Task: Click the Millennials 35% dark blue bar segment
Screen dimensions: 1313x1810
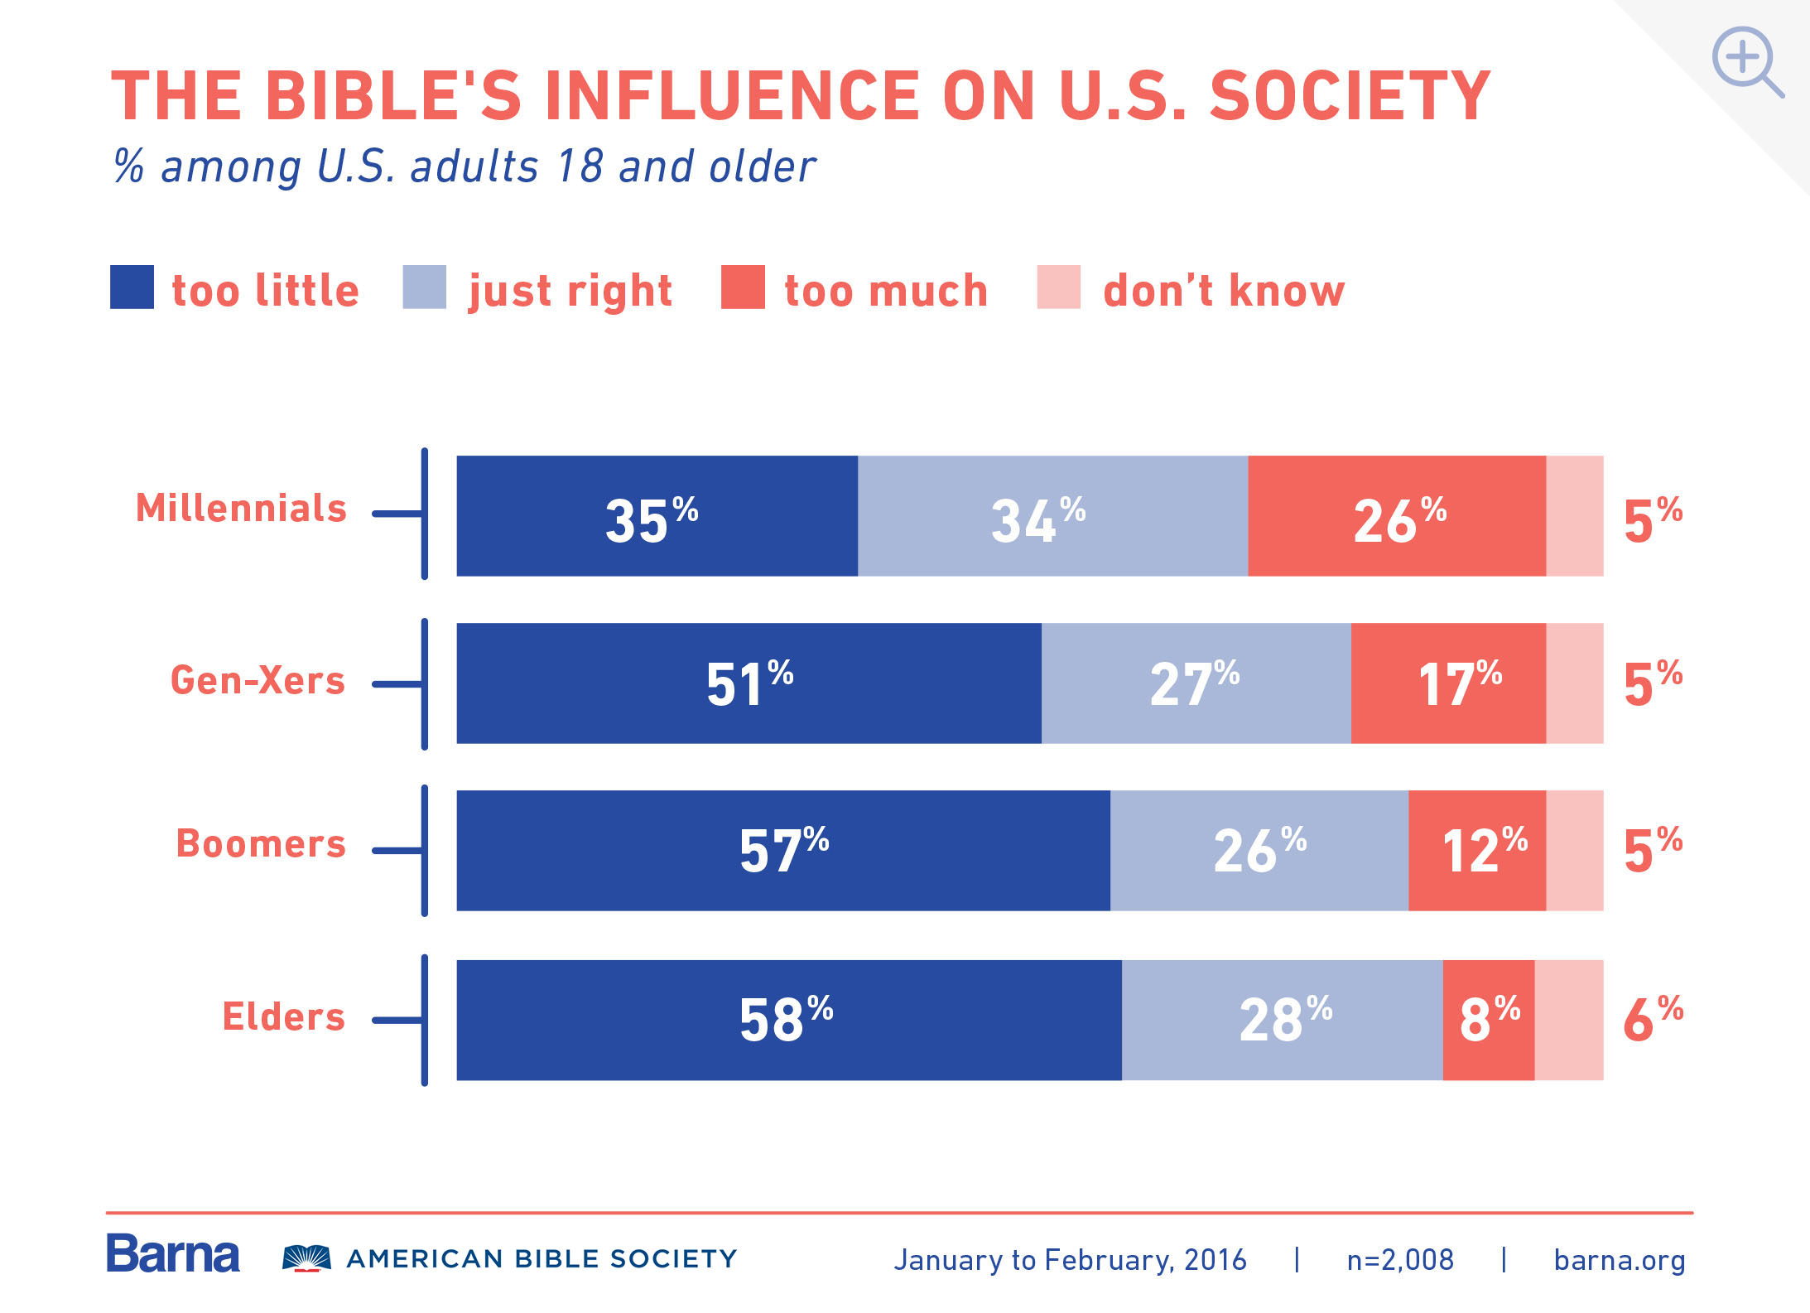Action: tap(657, 516)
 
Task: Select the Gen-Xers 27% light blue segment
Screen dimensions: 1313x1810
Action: tap(1196, 683)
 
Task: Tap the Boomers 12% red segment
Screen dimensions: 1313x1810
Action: tap(1477, 851)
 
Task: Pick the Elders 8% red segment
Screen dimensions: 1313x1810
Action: tap(1488, 1020)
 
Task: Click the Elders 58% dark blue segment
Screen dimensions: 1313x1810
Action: tap(788, 1020)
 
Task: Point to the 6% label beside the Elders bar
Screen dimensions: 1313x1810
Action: tap(1653, 1019)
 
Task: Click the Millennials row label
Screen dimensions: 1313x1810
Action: tap(241, 508)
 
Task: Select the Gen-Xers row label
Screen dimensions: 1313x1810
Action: tap(258, 680)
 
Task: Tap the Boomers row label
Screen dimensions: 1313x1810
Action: tap(261, 844)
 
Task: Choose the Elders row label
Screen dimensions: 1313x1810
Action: tap(283, 1016)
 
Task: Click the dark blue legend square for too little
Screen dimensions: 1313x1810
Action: tap(132, 287)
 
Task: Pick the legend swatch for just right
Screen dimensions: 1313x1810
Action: tap(424, 287)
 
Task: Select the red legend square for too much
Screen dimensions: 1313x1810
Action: tap(743, 287)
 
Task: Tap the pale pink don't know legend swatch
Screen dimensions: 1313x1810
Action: tap(1058, 287)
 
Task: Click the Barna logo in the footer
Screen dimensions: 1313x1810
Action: tap(172, 1254)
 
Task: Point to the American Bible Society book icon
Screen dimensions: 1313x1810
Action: tap(306, 1257)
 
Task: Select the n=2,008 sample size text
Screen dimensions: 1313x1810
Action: tap(1400, 1260)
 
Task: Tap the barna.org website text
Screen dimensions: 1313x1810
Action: tap(1619, 1260)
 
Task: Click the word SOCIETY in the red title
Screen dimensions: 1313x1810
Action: tap(1350, 96)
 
